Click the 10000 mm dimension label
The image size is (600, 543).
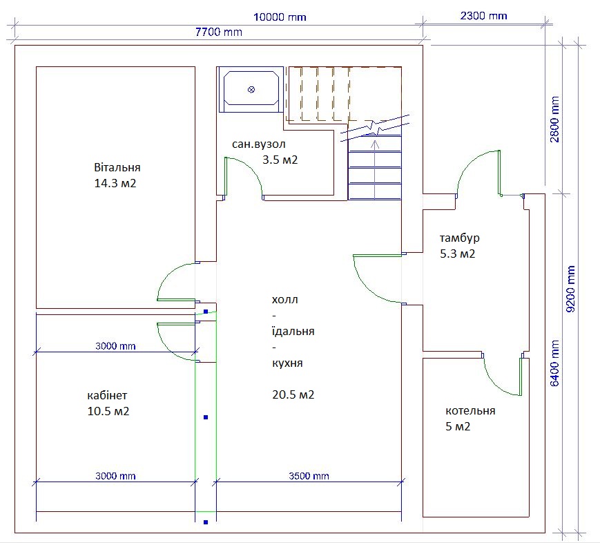click(280, 17)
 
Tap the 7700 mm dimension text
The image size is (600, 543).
click(218, 32)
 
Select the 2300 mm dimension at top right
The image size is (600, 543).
click(484, 16)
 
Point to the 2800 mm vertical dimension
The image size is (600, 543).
click(554, 119)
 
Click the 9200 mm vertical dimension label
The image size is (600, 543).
click(570, 289)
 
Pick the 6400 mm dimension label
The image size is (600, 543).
click(554, 363)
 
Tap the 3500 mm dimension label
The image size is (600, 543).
click(309, 476)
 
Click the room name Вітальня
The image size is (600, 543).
click(117, 167)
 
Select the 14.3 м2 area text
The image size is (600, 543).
click(115, 183)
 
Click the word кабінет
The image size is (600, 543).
click(107, 395)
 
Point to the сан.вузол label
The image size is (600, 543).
click(259, 144)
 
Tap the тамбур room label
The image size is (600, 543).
click(460, 238)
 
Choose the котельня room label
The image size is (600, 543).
click(470, 411)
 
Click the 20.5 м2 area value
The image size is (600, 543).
click(293, 394)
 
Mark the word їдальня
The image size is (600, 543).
click(293, 331)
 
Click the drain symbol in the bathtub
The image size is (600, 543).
click(251, 90)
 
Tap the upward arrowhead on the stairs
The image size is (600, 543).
click(375, 144)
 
